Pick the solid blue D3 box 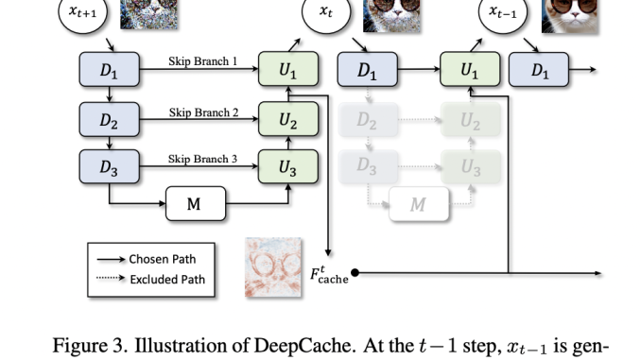tap(110, 167)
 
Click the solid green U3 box tap(288, 167)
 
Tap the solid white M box tap(196, 203)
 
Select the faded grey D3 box tap(368, 167)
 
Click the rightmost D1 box tap(539, 70)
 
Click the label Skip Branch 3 tap(203, 160)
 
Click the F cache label tap(332, 276)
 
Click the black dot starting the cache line tap(355, 274)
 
